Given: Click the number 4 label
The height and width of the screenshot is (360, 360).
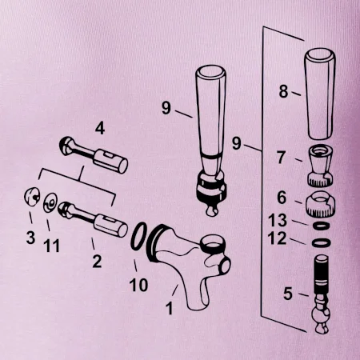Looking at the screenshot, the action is [100, 129].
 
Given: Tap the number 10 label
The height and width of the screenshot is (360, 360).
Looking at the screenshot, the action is [138, 285].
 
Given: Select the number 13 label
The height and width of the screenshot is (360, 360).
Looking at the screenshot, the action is [278, 221].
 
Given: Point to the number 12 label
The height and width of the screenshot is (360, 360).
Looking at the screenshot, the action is [278, 238].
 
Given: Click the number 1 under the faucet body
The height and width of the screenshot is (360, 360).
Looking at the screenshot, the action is [170, 308].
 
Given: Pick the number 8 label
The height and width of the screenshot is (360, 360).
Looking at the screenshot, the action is [283, 91].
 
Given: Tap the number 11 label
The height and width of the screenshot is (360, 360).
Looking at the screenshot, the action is [51, 246].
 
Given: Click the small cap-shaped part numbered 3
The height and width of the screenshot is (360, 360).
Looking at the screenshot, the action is [32, 197].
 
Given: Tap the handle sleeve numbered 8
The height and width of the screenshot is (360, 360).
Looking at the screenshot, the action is [320, 94].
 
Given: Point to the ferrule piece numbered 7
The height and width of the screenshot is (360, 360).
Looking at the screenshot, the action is [321, 166].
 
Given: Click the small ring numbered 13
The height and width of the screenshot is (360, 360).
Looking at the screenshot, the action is [321, 226].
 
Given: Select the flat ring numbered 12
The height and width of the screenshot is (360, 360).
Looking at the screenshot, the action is [322, 242].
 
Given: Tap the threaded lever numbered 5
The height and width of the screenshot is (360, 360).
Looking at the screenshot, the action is [322, 294].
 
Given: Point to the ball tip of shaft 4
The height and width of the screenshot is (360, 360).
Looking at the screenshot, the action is [66, 146].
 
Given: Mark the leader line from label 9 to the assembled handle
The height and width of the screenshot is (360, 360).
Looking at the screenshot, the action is [184, 114].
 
